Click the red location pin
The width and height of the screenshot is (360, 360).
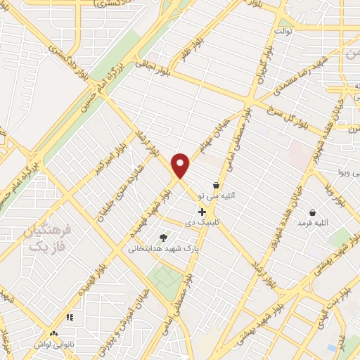[x=181, y=165]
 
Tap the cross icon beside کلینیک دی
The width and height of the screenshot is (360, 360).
[x=202, y=212]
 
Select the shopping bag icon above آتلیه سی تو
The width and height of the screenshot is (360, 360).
[x=216, y=186]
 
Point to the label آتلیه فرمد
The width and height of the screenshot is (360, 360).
[x=313, y=222]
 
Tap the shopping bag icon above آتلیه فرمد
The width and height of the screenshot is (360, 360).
[x=312, y=212]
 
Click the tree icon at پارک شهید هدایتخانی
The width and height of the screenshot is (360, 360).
[x=164, y=238]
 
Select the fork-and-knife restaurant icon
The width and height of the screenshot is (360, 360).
[x=70, y=318]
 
